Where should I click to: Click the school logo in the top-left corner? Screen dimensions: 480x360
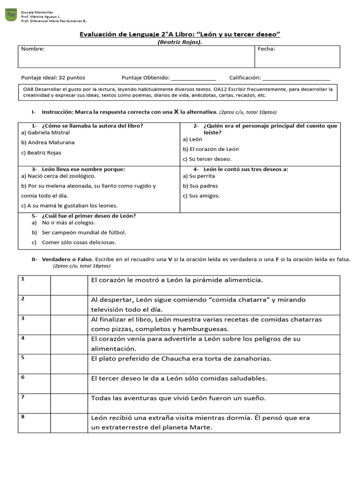(x=10, y=15)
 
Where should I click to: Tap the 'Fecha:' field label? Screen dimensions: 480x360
(x=266, y=49)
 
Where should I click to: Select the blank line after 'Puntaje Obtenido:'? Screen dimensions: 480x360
(x=194, y=78)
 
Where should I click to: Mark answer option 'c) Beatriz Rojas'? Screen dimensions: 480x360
(x=41, y=152)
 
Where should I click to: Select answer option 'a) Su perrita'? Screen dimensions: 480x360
(x=199, y=176)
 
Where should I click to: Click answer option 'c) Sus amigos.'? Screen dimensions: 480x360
(x=201, y=195)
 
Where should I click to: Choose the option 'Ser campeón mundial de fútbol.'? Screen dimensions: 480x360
(x=84, y=232)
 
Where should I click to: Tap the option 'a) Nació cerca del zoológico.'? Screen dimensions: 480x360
(x=58, y=176)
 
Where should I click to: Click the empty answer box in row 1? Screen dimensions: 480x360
(x=69, y=285)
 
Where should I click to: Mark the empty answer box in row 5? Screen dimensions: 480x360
(x=69, y=364)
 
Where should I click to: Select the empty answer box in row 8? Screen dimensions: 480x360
(x=69, y=423)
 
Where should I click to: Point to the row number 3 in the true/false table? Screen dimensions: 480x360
(x=22, y=318)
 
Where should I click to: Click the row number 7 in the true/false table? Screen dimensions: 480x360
(x=22, y=397)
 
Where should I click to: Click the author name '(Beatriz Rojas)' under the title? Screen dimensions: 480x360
(x=180, y=42)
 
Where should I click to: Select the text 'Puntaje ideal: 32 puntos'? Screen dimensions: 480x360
(x=53, y=78)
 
